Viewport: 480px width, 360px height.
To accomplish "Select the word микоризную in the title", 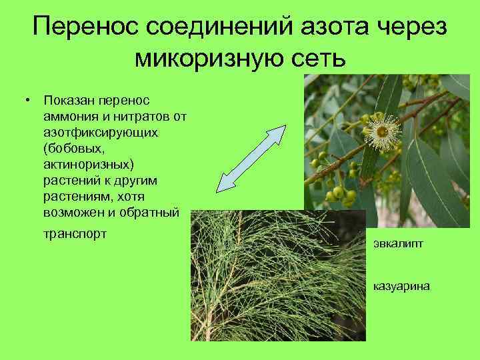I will [213, 59].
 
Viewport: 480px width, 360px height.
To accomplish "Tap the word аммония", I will [67, 117].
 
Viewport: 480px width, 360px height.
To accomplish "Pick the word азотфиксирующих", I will [99, 133].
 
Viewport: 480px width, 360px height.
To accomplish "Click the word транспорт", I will [74, 235].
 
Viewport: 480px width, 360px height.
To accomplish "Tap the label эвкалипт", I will [397, 245].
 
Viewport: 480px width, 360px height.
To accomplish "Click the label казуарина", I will [401, 286].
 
